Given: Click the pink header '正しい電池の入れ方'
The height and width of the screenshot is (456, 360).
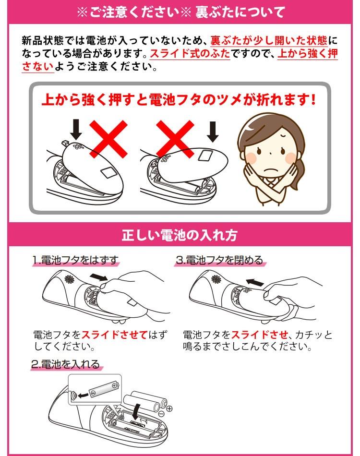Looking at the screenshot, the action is [x=180, y=235].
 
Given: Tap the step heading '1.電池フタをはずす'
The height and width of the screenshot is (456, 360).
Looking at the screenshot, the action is [x=76, y=260].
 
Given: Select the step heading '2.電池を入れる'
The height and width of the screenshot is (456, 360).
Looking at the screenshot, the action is [x=66, y=364].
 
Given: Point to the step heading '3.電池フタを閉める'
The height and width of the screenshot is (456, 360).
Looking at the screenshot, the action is [x=220, y=260].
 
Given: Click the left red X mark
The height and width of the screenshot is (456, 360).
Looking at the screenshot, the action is [x=108, y=139].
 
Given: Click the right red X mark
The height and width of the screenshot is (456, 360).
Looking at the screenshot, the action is [x=175, y=139].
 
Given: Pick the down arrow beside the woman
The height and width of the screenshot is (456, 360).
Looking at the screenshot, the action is [x=213, y=132].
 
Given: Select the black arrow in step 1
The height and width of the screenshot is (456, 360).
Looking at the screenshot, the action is [x=99, y=277].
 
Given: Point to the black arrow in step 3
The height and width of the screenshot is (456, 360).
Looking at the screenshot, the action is [x=255, y=282].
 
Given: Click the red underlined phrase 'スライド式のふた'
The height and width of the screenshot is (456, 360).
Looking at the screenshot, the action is [x=190, y=54].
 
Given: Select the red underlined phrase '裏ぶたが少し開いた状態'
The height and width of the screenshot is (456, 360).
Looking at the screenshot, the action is [x=269, y=40].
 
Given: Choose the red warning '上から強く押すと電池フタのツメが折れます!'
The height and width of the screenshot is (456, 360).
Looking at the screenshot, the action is [x=179, y=100].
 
